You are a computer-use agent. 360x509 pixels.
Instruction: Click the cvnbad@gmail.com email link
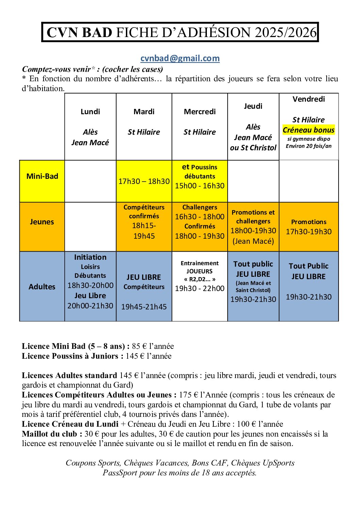point(180,58)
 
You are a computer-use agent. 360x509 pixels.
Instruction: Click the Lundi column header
point(90,112)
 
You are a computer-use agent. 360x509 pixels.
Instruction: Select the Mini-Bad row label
point(42,176)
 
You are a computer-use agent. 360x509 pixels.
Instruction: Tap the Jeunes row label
point(42,222)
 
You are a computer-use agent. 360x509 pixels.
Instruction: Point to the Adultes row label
point(42,287)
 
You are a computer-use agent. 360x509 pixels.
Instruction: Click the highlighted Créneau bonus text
point(309,130)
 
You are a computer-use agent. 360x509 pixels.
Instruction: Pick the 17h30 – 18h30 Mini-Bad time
point(144,181)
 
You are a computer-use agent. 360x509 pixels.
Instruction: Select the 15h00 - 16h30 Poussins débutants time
point(200,186)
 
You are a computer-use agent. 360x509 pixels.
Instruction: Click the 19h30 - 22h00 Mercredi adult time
point(200,288)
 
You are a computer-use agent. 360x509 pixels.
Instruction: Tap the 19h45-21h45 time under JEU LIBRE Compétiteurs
point(144,307)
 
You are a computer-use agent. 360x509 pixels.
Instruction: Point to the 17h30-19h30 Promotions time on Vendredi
point(309,232)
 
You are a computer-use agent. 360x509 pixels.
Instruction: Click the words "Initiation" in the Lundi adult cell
point(90,257)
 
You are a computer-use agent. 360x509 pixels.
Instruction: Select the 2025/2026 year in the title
point(285,33)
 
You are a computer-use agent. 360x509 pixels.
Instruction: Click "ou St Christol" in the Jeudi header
point(253,148)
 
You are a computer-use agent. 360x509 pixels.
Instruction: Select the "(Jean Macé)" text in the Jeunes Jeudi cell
point(253,241)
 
